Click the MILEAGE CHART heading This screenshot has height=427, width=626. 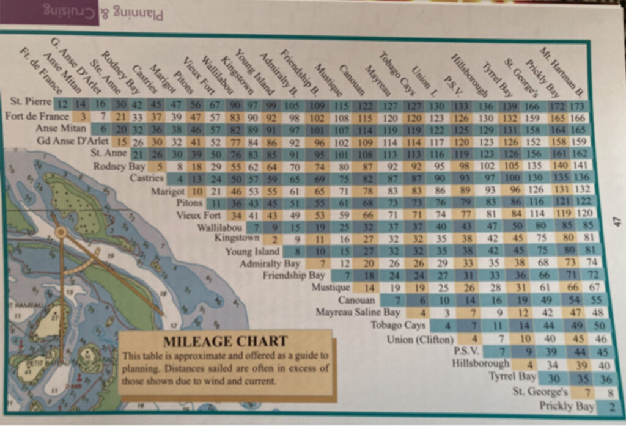(x=226, y=341)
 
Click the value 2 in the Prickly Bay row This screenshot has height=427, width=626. (x=611, y=406)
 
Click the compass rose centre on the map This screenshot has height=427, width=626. (x=61, y=232)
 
